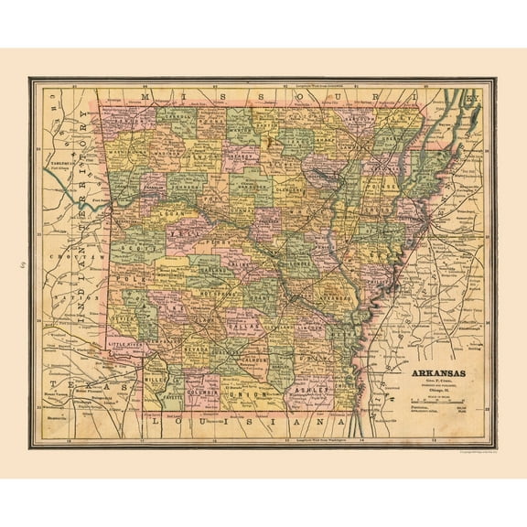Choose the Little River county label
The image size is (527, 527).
[x=125, y=344]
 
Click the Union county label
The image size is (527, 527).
[x=254, y=394]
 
